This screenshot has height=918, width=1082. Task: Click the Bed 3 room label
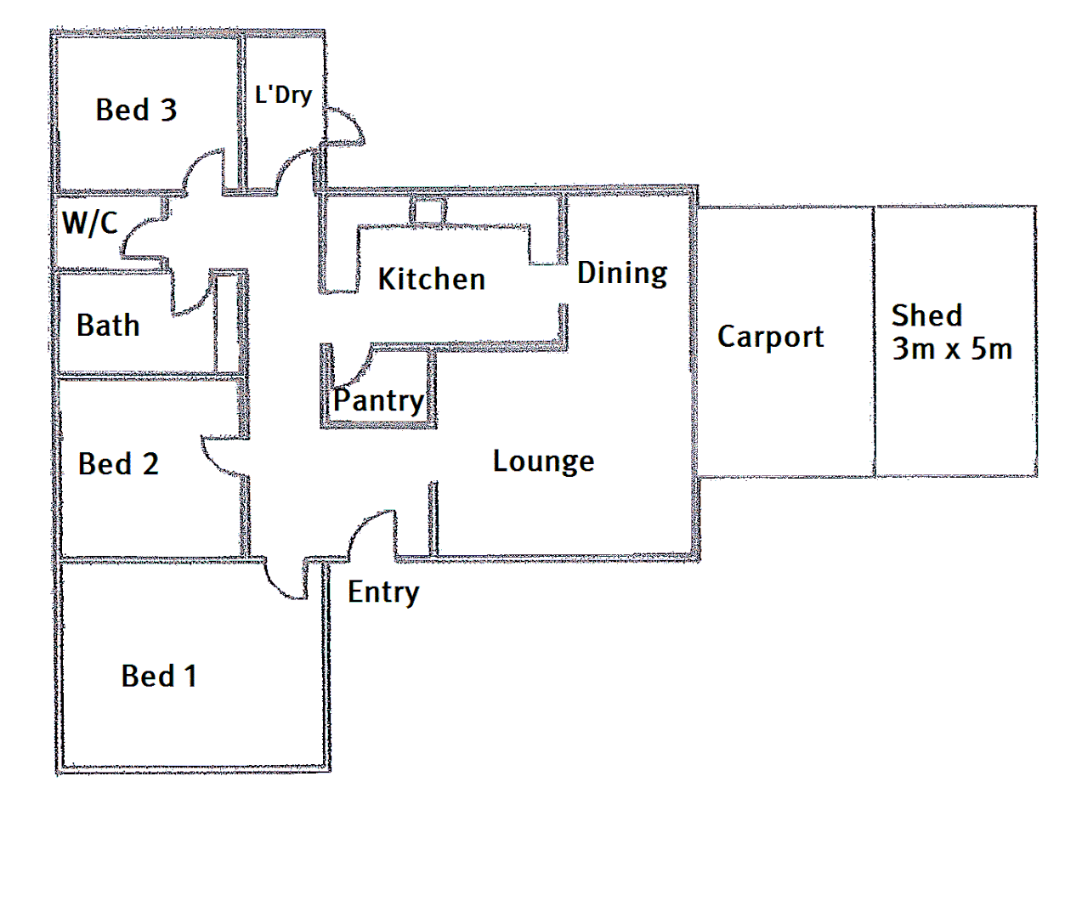click(x=136, y=110)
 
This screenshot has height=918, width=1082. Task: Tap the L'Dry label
click(x=283, y=94)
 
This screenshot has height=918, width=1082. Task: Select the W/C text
click(x=89, y=223)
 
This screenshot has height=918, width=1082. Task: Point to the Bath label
click(x=108, y=326)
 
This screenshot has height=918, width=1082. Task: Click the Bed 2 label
click(x=118, y=464)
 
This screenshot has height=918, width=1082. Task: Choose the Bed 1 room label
click(x=159, y=677)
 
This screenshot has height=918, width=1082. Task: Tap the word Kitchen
click(x=431, y=279)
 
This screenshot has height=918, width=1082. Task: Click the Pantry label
click(x=378, y=400)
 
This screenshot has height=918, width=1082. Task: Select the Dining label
click(x=622, y=273)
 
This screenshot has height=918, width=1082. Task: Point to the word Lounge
click(x=543, y=462)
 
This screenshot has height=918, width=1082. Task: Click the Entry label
click(x=383, y=592)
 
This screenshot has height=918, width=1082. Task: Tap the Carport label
click(x=770, y=337)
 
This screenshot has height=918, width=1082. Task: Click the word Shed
click(x=926, y=315)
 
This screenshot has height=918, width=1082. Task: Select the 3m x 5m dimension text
click(x=952, y=348)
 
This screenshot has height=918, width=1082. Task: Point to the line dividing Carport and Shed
click(x=874, y=340)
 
